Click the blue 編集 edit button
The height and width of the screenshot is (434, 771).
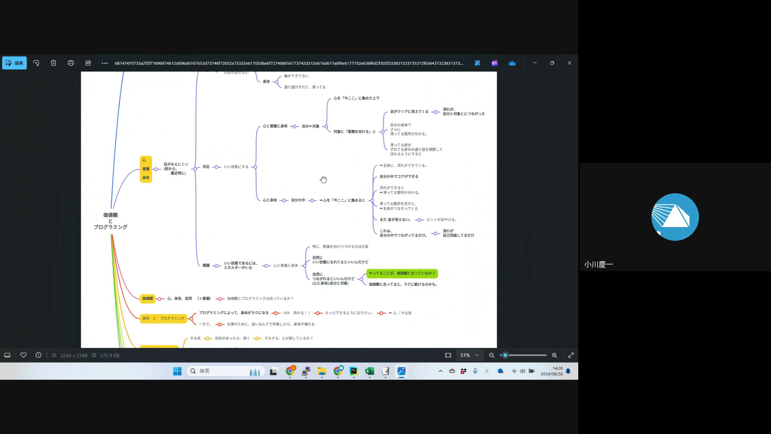(x=14, y=63)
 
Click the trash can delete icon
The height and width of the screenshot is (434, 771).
(x=53, y=63)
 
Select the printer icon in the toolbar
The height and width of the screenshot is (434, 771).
(x=71, y=63)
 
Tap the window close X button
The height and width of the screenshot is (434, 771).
(x=569, y=63)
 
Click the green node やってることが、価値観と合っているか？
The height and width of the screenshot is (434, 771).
(x=402, y=273)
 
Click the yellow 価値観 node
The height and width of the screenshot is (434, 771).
(x=147, y=299)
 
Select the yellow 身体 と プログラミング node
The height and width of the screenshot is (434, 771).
(x=163, y=318)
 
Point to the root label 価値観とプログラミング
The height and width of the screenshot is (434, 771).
(x=110, y=221)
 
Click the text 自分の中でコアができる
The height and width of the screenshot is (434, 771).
(x=399, y=176)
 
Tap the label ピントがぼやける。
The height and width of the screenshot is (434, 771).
(x=442, y=220)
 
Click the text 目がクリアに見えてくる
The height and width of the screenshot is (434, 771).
(x=409, y=112)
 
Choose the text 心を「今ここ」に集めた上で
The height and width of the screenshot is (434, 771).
(x=356, y=98)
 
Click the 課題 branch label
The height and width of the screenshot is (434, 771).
(x=206, y=266)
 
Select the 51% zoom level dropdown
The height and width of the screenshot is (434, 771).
(x=469, y=355)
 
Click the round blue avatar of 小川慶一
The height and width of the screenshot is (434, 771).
(x=675, y=217)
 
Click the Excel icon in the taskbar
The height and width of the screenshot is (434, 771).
(x=369, y=371)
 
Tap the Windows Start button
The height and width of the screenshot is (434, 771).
(x=177, y=371)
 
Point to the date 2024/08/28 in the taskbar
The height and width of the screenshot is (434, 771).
(x=551, y=374)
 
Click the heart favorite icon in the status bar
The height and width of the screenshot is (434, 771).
(x=24, y=355)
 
